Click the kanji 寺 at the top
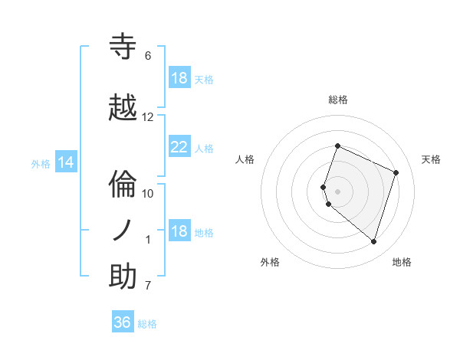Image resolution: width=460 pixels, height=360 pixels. tap(123, 47)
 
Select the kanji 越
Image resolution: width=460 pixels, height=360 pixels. tap(123, 108)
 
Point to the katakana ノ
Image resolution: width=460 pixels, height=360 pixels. tap(123, 230)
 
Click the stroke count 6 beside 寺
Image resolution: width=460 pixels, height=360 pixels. tap(148, 56)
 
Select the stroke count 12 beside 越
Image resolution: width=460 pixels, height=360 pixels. tap(148, 117)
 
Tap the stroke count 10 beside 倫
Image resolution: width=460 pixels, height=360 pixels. tap(148, 193)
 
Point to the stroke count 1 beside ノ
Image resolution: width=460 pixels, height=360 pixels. tap(148, 240)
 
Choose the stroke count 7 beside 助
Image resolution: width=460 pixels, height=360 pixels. tap(148, 286)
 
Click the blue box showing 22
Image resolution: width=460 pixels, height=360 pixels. tap(179, 147)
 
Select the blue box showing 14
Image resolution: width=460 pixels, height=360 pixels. tap(66, 162)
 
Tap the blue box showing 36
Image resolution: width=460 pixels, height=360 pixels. tap(123, 322)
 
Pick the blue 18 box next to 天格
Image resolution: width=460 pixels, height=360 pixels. tap(179, 78)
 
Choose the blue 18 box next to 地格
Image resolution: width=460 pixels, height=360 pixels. tap(179, 232)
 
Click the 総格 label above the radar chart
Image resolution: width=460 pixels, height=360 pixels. tap(338, 100)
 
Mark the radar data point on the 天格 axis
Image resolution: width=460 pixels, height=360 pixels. tap(396, 172)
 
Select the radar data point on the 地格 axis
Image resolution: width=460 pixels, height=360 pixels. tap(373, 241)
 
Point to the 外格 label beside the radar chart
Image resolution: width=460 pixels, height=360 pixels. tap(271, 262)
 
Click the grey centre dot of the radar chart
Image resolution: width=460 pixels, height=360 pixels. tap(338, 191)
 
